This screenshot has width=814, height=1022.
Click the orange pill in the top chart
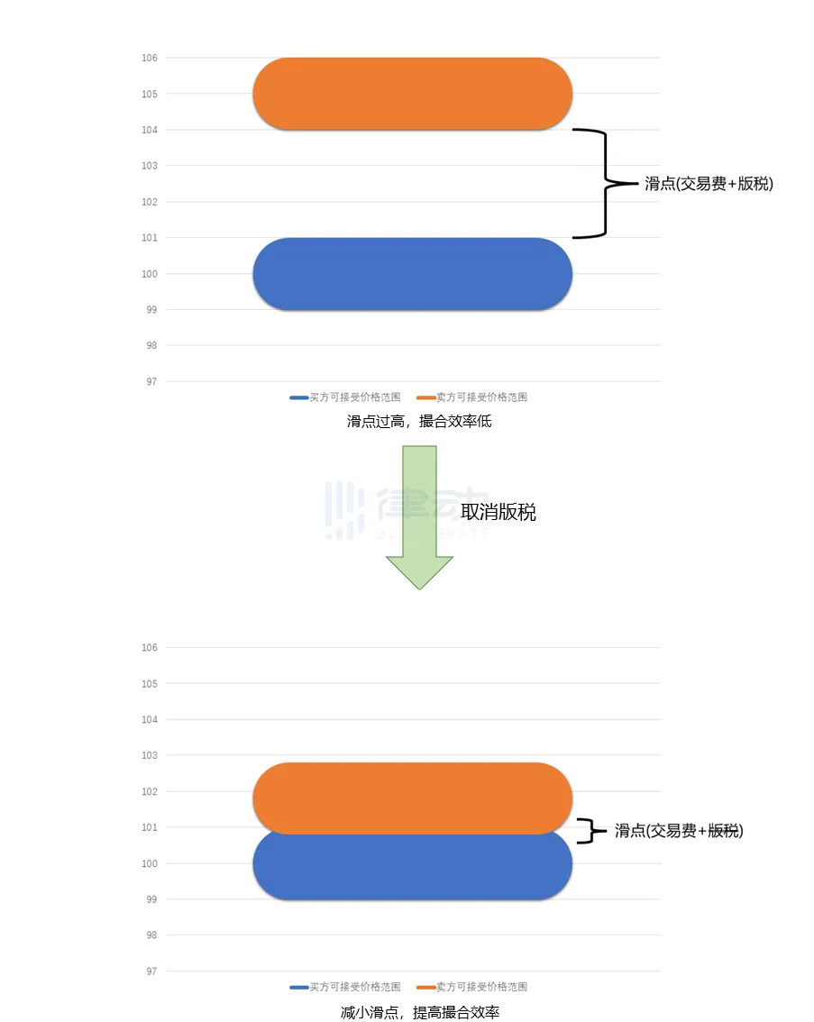pyautogui.click(x=413, y=94)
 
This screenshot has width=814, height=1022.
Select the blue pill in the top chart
pyautogui.click(x=413, y=274)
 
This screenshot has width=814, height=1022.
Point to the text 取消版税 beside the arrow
pyautogui.click(x=498, y=512)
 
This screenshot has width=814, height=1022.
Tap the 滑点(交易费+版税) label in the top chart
pyautogui.click(x=709, y=184)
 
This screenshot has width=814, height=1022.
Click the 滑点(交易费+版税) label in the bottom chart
pyautogui.click(x=679, y=831)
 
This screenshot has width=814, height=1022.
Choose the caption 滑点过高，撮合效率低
pyautogui.click(x=419, y=421)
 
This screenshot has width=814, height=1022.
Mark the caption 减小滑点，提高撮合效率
pyautogui.click(x=419, y=1012)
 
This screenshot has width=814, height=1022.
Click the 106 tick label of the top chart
pyautogui.click(x=150, y=58)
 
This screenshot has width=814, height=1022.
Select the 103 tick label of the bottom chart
pyautogui.click(x=150, y=755)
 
